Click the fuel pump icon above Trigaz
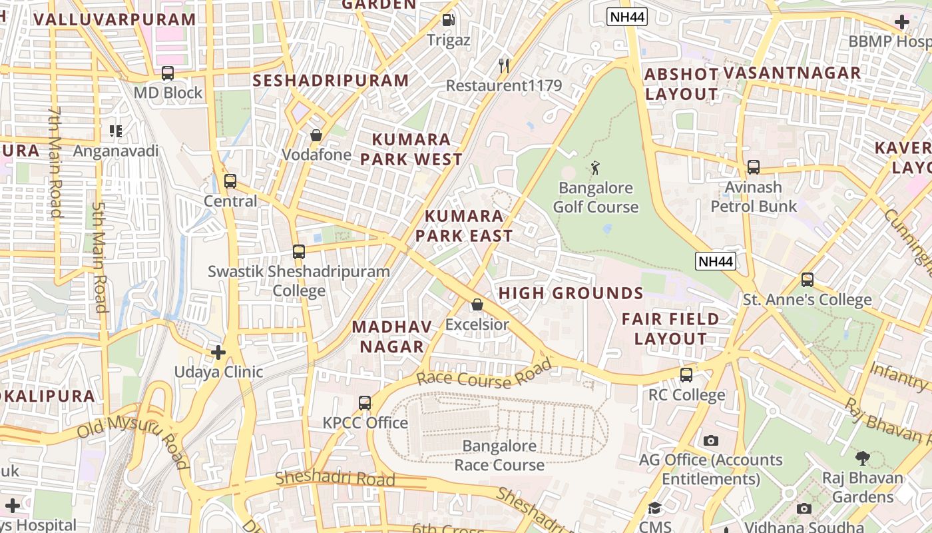tap(449, 20)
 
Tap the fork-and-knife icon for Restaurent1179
tap(504, 65)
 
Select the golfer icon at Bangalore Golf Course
tap(595, 168)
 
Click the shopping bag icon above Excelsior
tap(477, 305)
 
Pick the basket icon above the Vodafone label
tap(316, 135)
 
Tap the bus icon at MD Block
tap(168, 73)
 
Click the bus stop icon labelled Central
tap(230, 181)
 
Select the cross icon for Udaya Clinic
tap(218, 352)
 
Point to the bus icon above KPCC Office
tap(365, 403)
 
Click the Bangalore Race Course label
tap(499, 455)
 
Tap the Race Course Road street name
tap(484, 373)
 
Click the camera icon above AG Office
tap(711, 441)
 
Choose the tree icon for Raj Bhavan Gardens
tap(862, 458)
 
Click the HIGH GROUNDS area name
tap(571, 293)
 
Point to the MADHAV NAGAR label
tap(391, 336)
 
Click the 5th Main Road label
tap(99, 257)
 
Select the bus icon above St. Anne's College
tap(807, 280)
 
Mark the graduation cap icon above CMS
tap(655, 508)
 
